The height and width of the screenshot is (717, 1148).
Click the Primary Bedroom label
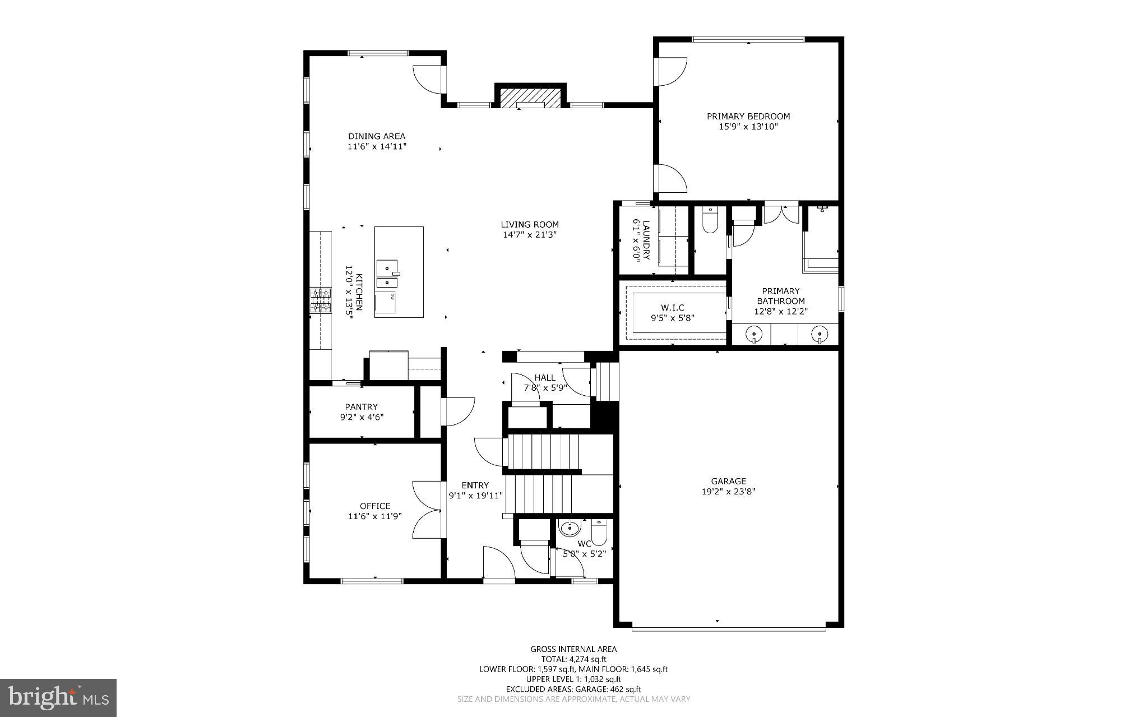[748, 117]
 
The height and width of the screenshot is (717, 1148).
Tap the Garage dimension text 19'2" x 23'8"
[728, 492]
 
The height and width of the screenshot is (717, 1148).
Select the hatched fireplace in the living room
[530, 97]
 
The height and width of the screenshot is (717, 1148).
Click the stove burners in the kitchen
[321, 300]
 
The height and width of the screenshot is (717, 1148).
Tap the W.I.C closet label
[672, 308]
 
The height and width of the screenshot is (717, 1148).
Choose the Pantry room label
[361, 407]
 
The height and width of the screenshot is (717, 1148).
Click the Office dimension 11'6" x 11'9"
[374, 516]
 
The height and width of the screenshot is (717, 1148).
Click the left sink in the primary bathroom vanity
[754, 335]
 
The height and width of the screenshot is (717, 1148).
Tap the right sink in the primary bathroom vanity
[820, 335]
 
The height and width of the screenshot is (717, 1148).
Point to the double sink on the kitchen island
[386, 275]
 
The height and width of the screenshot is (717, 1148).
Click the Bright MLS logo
[58, 697]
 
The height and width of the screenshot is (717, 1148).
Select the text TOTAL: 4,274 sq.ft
[573, 659]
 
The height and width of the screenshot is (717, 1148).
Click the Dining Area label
[376, 136]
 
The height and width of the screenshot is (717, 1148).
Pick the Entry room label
[475, 485]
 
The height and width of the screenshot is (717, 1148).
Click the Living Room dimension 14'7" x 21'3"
[529, 235]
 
